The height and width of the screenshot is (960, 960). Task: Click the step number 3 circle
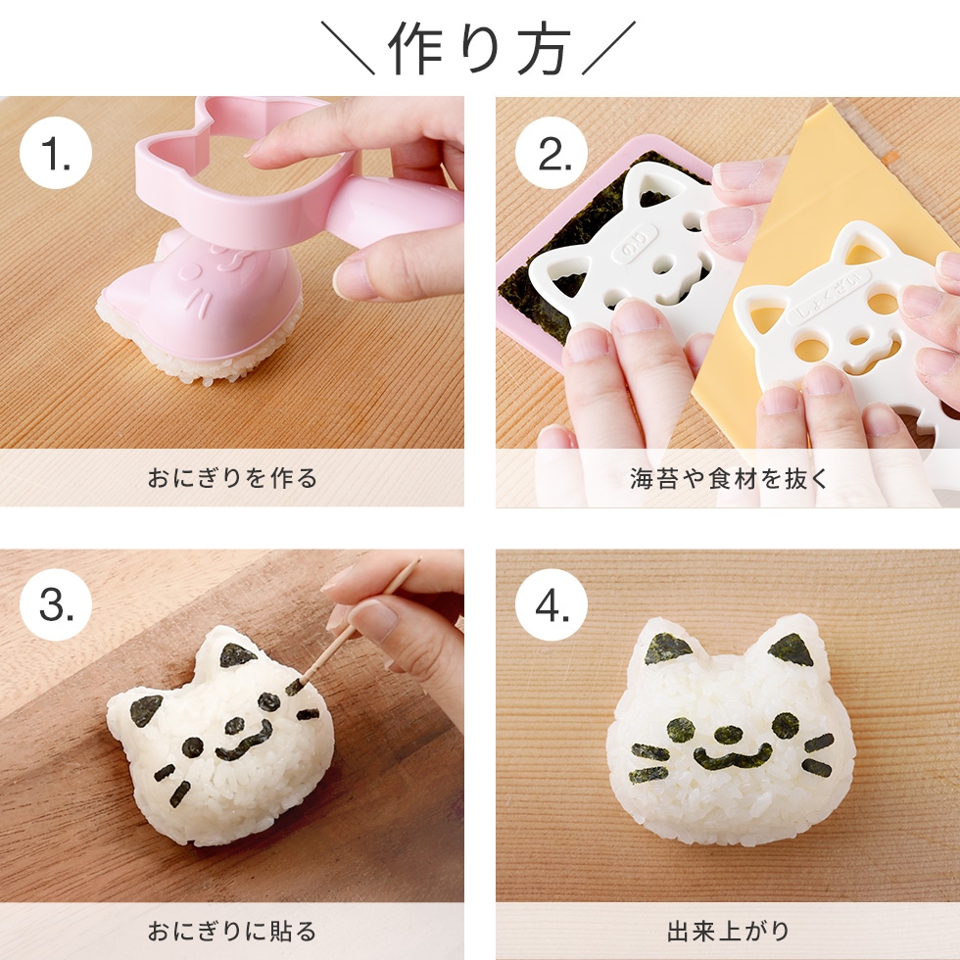point(56,608)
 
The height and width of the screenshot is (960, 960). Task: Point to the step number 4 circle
point(552,608)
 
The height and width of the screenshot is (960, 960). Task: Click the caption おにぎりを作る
point(232,479)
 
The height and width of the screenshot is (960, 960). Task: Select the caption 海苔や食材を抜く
point(728,479)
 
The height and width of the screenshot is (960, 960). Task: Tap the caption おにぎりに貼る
point(232,931)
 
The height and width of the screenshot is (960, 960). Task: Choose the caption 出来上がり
point(728,931)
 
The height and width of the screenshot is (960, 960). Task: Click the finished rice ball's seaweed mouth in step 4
point(732,757)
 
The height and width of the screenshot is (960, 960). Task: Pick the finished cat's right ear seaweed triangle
point(792,648)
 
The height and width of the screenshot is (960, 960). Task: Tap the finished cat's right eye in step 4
point(785,726)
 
